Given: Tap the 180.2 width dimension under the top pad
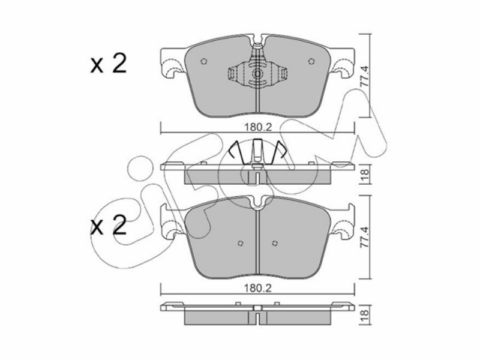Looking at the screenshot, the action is [x=258, y=127].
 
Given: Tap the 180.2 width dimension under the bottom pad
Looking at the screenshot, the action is [x=258, y=288].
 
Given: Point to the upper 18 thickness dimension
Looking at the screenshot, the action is [x=366, y=175].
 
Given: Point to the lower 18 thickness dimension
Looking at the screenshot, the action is [x=366, y=314].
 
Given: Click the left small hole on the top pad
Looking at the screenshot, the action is [x=203, y=62].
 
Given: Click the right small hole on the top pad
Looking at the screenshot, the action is [x=311, y=61].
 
